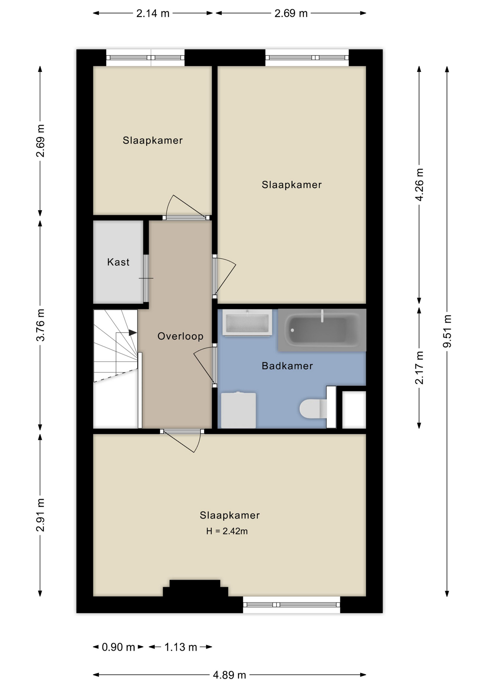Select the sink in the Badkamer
[247, 322]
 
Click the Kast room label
[118, 262]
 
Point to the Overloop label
[180, 336]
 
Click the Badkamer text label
[287, 366]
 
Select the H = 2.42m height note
[227, 531]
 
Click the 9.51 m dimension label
[447, 331]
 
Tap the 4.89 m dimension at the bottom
[230, 675]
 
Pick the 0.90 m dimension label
[118, 647]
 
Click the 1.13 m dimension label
[181, 647]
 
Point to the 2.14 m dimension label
[153, 13]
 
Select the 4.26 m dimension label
[419, 185]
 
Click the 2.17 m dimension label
[419, 368]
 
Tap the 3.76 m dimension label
[40, 325]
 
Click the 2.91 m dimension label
[40, 515]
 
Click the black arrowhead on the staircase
[133, 333]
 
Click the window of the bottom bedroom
[292, 605]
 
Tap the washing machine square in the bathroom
[238, 411]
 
